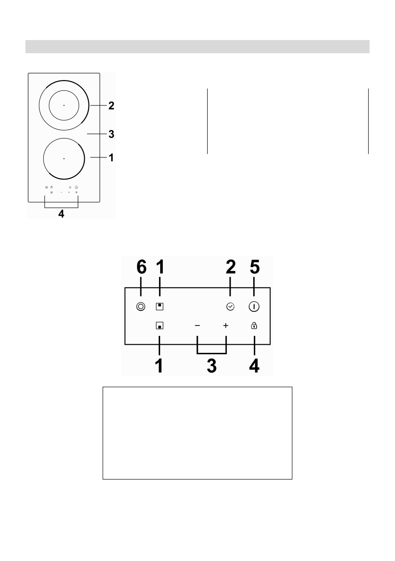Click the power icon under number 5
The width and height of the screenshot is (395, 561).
(x=254, y=306)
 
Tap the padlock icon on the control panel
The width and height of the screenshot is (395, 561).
(x=254, y=325)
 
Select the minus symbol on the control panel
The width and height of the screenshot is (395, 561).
(x=198, y=325)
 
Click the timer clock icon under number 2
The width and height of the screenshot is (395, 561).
(x=230, y=306)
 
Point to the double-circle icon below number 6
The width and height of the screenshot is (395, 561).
(x=140, y=306)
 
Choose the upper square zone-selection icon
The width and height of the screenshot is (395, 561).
(x=160, y=306)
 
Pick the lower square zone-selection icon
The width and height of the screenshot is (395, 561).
(x=160, y=325)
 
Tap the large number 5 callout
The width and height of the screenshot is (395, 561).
(x=254, y=268)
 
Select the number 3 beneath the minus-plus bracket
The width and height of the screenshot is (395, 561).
(x=212, y=366)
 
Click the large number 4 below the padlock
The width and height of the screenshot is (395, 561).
(x=254, y=366)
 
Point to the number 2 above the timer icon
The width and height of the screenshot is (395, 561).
(x=230, y=268)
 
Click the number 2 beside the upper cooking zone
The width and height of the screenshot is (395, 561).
(x=111, y=106)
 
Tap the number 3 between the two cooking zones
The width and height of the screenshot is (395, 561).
(x=111, y=134)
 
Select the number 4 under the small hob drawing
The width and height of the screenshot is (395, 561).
(x=60, y=214)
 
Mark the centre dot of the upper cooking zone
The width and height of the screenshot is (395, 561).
(x=64, y=106)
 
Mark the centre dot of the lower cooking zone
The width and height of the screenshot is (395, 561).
(x=64, y=158)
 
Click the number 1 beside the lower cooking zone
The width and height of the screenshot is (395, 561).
(x=111, y=157)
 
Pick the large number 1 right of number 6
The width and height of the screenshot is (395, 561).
(x=160, y=268)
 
